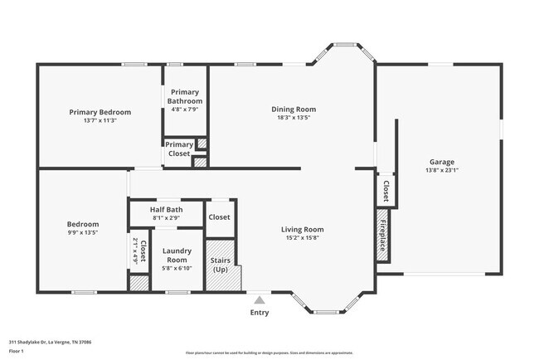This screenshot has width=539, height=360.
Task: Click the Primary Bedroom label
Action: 100,112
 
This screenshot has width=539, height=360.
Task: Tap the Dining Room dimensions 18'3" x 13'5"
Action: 294,118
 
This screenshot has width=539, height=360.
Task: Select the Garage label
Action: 441,162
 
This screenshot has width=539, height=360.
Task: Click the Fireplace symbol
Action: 382,236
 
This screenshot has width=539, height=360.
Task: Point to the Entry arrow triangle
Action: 260,300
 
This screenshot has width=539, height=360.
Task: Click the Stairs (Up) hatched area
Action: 221,265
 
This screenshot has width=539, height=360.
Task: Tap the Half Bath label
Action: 166,210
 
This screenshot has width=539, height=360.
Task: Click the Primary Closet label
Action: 179,148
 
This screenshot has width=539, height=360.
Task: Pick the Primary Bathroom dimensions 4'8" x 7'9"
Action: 185,109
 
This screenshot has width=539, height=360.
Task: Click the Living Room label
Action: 302,230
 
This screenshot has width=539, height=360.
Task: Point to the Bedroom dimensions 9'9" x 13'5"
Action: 83,233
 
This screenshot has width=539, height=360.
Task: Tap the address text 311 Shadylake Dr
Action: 50,341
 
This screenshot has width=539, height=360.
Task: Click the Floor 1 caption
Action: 17,351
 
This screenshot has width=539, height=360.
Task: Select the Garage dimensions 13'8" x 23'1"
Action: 441,171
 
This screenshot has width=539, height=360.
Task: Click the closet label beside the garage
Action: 386,192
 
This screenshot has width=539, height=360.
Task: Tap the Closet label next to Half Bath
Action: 219,217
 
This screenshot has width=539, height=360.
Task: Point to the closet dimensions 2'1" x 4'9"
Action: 134,251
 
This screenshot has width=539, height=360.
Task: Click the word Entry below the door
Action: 260,313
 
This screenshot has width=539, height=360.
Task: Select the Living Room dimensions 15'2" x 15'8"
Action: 302,238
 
